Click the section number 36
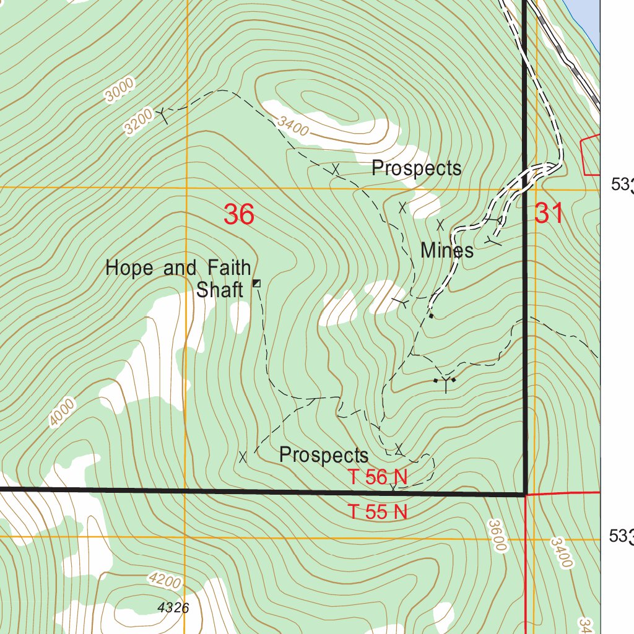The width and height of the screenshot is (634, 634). [239, 215]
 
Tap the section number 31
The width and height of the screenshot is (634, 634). [549, 214]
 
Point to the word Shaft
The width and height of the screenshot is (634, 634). [219, 289]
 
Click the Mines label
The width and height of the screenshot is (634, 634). [447, 251]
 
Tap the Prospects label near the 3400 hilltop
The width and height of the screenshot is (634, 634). [416, 168]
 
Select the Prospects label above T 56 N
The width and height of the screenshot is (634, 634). [324, 456]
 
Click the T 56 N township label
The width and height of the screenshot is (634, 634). [378, 477]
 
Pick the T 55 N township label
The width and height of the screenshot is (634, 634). [378, 512]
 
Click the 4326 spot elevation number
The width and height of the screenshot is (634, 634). [173, 608]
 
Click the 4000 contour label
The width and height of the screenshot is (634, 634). [63, 413]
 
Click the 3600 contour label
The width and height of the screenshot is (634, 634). [498, 535]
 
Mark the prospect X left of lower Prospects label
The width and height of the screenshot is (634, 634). [243, 457]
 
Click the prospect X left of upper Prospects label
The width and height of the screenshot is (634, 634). [336, 168]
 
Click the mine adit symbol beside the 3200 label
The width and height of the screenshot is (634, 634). [162, 113]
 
